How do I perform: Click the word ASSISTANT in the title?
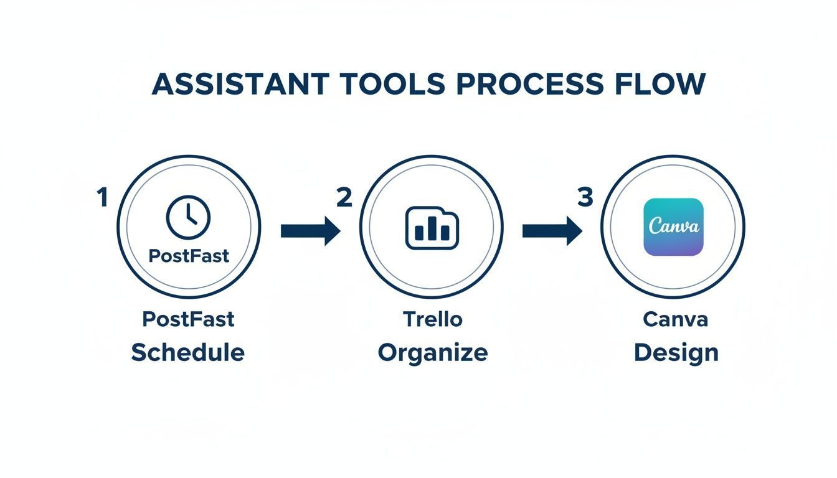click(x=239, y=84)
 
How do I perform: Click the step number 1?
click(x=102, y=198)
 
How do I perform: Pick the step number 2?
click(x=344, y=198)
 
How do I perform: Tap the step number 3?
click(x=585, y=198)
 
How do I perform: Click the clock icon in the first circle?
click(x=188, y=217)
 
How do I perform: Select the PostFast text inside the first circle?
click(x=188, y=255)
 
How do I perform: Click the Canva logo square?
click(x=673, y=227)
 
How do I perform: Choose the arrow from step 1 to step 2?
click(x=310, y=232)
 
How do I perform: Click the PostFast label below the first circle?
click(x=188, y=319)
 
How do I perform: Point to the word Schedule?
click(x=187, y=353)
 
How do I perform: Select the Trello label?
click(x=432, y=319)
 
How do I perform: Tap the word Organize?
click(x=433, y=353)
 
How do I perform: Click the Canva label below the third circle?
click(x=675, y=319)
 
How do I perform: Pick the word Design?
click(x=676, y=353)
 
